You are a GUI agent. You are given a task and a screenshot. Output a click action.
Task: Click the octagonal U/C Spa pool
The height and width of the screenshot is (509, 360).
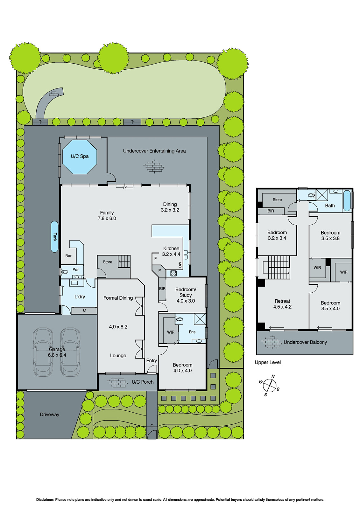pos(80,157)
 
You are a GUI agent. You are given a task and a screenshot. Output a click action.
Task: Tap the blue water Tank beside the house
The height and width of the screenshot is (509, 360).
pos(55,237)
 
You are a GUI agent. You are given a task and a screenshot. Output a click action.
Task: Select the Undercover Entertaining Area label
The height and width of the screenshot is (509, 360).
pos(154,151)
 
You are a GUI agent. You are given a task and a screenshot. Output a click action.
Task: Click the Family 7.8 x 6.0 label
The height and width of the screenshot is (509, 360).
pos(107,216)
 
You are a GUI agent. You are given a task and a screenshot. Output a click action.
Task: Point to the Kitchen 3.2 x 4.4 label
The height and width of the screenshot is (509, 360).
pos(171,251)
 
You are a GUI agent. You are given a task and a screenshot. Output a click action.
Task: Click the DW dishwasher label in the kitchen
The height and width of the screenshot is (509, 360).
pos(180,265)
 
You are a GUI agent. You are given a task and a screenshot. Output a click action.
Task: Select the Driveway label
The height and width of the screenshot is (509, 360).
pos(49,415)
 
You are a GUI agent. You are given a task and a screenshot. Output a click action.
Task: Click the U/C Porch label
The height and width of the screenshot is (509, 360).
pos(143,382)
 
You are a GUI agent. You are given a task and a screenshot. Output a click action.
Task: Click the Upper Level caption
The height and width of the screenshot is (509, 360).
pos(268,362)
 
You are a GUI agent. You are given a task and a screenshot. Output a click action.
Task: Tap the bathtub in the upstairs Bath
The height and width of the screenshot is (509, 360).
pos(347,201)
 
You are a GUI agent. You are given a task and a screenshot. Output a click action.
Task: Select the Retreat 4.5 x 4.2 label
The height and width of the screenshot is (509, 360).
pos(282,304)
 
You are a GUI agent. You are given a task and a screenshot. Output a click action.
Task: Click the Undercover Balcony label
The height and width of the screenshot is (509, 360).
pos(305,342)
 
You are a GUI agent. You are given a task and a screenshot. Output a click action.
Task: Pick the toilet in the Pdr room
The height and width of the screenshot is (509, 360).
pos(65,272)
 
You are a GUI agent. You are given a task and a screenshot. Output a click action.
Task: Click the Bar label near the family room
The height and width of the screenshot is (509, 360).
pos(68,256)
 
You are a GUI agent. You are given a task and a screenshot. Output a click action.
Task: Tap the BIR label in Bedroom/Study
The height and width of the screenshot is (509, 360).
pos(162,289)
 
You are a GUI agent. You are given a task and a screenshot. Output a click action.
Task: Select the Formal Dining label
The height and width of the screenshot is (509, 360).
pos(118,298)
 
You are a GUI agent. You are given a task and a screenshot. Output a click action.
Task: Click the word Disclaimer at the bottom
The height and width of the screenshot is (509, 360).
pos(45,500)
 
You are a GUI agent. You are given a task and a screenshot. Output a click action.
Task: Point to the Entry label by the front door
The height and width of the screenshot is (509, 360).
pos(152,360)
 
